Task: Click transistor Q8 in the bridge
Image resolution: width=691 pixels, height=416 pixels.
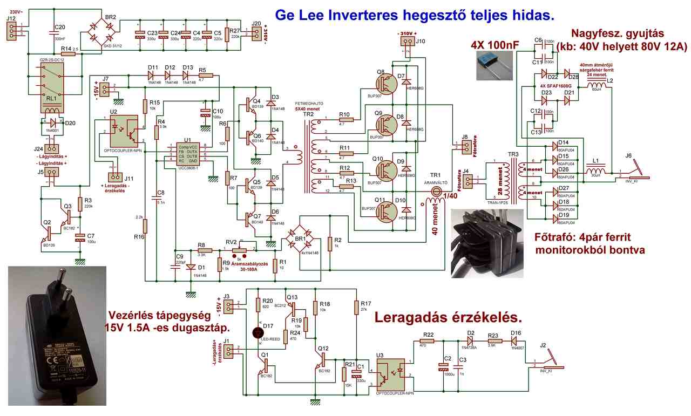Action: click(384, 83)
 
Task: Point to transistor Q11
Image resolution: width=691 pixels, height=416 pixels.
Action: click(384, 210)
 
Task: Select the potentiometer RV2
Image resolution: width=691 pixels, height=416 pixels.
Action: click(240, 250)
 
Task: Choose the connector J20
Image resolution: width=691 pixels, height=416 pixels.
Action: click(255, 33)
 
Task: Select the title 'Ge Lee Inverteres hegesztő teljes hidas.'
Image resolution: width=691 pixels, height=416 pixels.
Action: click(415, 15)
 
